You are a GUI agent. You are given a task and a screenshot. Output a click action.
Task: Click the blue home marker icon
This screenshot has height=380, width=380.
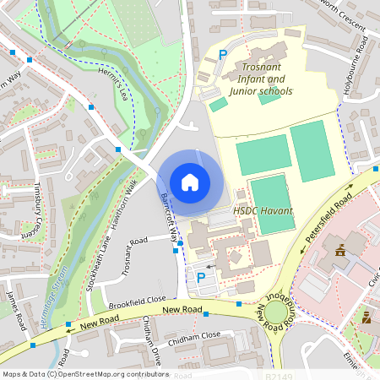click(190, 182)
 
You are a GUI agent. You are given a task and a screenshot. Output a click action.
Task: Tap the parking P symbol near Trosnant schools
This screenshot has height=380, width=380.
click(223, 55)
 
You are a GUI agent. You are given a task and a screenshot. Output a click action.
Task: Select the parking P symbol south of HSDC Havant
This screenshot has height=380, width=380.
click(201, 277)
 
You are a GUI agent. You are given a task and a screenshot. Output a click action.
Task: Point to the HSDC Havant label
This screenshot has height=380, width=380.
click(263, 210)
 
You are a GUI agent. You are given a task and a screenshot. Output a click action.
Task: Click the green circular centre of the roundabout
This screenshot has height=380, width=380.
click(275, 316)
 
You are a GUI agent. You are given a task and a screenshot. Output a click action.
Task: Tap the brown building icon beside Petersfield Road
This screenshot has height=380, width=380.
click(340, 251)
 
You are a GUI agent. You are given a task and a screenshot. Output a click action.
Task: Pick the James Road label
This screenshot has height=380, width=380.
click(15, 301)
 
